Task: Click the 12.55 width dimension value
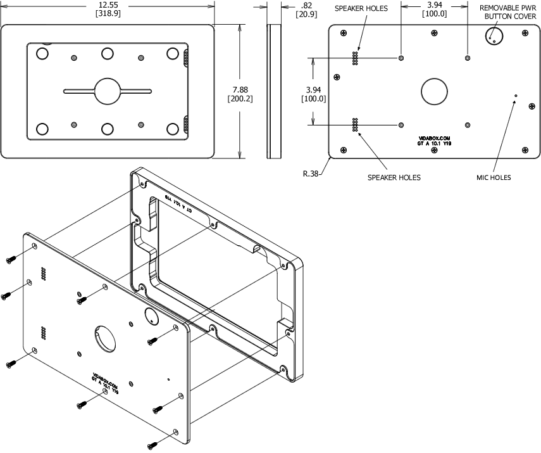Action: [x=107, y=4]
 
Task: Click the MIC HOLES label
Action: [x=493, y=177]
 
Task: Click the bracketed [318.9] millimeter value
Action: [x=107, y=14]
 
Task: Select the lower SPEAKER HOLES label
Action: [x=394, y=177]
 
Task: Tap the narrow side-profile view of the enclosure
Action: [x=274, y=91]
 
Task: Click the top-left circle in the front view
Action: [x=42, y=54]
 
